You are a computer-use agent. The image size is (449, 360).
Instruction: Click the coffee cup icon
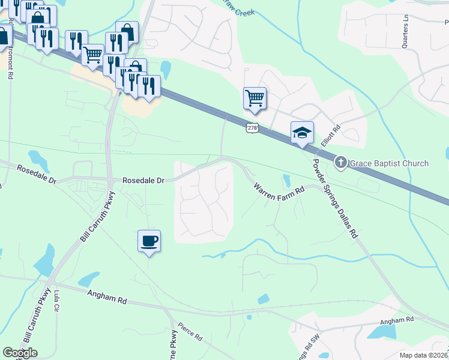(x=149, y=241)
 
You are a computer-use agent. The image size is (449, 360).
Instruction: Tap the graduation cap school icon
(x=303, y=133)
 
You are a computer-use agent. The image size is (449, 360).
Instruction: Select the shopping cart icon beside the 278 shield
(x=255, y=98)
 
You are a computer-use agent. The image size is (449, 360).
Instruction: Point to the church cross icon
(x=340, y=163)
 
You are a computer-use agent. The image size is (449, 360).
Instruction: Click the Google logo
(x=20, y=353)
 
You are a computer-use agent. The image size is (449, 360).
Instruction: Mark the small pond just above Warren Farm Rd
(x=286, y=179)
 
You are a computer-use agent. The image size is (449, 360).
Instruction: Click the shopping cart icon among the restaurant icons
(x=93, y=55)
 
